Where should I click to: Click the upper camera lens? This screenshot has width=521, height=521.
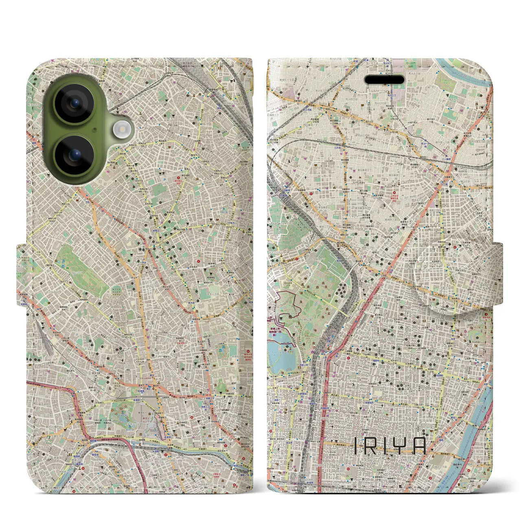click(74, 103)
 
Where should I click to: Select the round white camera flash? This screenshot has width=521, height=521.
click(121, 130)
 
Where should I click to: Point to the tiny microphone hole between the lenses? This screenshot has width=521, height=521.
click(95, 130)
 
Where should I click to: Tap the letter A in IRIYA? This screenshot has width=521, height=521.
click(419, 446)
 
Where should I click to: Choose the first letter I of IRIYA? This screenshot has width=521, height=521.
click(356, 446)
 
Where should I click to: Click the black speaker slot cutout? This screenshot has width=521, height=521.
click(384, 80)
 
